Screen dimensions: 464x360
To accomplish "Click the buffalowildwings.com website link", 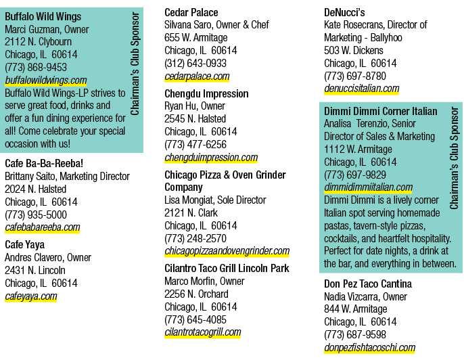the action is (x=46, y=81).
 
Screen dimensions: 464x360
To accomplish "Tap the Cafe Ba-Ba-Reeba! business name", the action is (x=44, y=164).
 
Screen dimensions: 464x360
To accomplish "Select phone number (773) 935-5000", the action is (x=36, y=215).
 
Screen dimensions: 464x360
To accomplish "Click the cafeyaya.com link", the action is (x=31, y=296).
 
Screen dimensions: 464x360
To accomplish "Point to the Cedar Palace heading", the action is (x=191, y=12).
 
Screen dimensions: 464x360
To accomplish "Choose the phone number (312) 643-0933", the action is (x=195, y=64).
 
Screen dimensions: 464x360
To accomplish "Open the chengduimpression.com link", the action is (x=211, y=158).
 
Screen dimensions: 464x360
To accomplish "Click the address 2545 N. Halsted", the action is (x=195, y=119).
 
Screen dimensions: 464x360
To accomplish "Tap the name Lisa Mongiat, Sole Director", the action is (x=215, y=200).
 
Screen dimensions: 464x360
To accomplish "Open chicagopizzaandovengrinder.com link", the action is (x=227, y=251).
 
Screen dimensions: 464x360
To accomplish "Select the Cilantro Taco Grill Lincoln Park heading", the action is (x=227, y=268).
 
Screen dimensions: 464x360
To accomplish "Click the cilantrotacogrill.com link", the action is (x=203, y=332).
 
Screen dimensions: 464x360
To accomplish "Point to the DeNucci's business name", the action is (x=344, y=12).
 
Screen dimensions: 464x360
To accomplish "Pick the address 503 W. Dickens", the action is (x=354, y=51).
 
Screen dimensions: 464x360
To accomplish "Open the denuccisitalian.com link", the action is (x=362, y=89).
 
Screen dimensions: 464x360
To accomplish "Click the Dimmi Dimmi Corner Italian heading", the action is (x=381, y=111).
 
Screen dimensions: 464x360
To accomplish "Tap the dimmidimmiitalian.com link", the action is (x=369, y=187).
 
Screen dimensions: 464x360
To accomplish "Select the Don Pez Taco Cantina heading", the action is (x=368, y=284).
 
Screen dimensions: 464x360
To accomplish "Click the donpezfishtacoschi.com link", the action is (x=369, y=348).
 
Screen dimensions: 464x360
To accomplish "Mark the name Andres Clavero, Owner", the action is (x=48, y=258).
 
